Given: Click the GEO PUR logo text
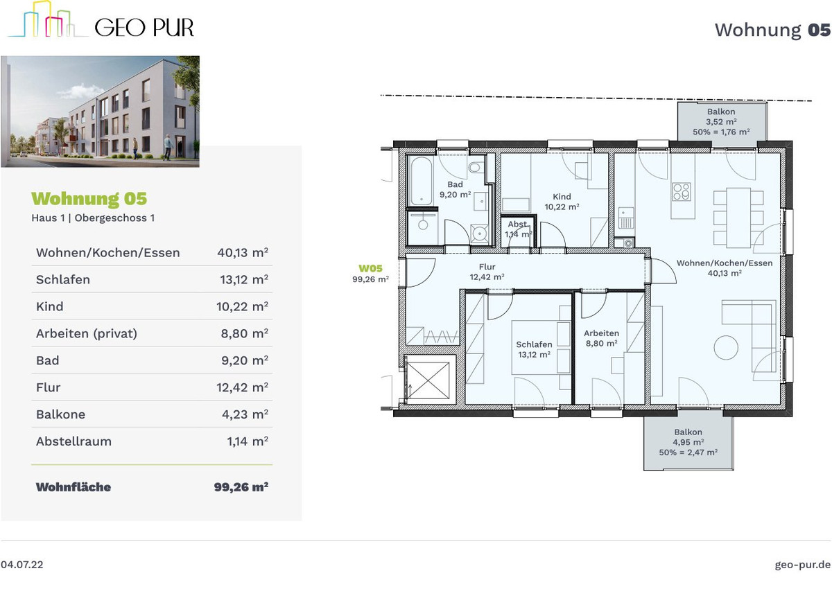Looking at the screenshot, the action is pos(144,28).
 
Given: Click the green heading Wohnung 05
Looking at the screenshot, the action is pos(89,199).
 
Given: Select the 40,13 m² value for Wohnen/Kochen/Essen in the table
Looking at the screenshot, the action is pos(243,252).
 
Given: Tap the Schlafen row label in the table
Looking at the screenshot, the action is pos(63,279).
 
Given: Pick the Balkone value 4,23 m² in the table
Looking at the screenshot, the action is pos(245,414).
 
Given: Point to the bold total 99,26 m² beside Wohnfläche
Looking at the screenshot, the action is pos(241,486).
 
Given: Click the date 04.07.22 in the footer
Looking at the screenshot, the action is pos(22,565).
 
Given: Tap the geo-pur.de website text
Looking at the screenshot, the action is pos(802,565).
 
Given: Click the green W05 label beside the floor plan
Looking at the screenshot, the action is pos(370,268).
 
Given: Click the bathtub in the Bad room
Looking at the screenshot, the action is pos(422,181).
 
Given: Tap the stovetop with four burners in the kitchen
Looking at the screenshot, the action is pos(682,191).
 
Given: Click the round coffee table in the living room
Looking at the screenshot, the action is pos(726,347).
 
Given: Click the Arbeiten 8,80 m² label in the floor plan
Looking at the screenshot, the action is pos(601,338).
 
